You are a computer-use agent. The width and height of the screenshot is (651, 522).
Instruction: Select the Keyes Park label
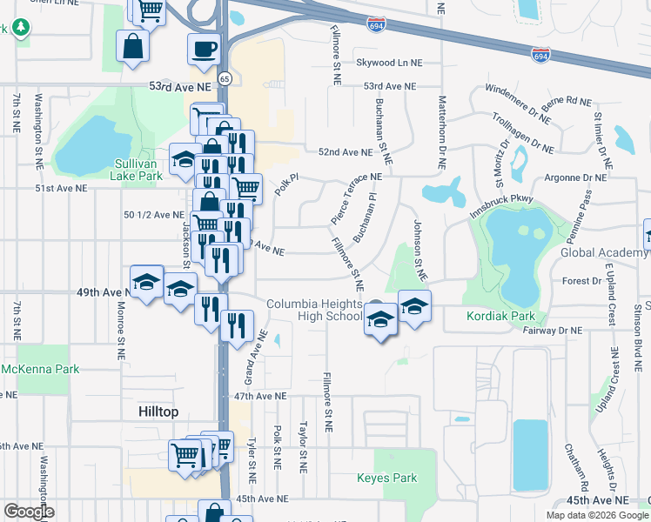coord(387,478)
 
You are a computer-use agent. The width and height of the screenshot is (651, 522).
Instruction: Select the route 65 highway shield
coord(225,78)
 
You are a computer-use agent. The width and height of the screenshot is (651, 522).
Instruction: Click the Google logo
coord(28,511)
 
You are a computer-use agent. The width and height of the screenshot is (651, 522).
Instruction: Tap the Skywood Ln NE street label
coord(388,63)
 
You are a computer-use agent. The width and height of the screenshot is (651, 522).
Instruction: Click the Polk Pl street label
coord(286,184)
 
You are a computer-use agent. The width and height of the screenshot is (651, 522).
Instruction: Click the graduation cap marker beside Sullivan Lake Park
coord(184,158)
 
